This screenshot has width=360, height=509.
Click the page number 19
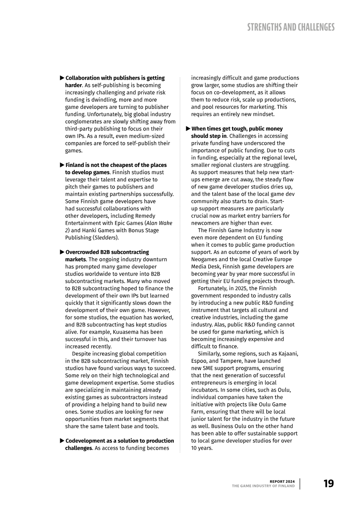(x=328, y=484)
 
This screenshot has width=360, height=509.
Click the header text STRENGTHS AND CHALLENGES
(x=291, y=27)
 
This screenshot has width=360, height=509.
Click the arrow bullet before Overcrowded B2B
(x=62, y=252)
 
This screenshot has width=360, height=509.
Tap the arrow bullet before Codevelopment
(x=62, y=441)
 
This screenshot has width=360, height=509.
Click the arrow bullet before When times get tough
(x=188, y=129)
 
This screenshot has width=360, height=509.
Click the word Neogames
(x=205, y=259)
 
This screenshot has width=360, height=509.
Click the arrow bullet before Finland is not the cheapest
(x=62, y=165)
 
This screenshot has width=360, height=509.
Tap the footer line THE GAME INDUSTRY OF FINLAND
(x=263, y=486)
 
